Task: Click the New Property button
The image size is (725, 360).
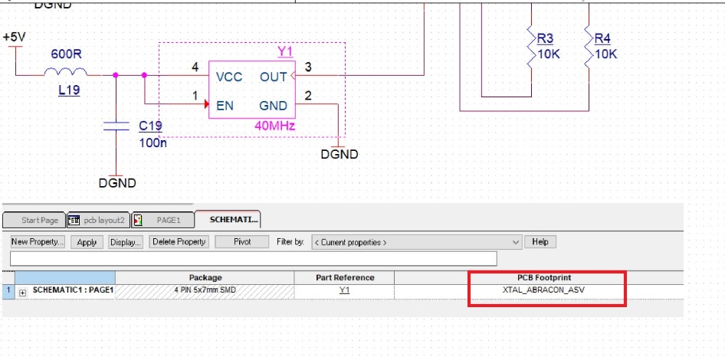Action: (38, 242)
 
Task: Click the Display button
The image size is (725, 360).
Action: (125, 242)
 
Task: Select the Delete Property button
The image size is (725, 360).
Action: (179, 242)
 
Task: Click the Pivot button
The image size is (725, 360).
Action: (241, 242)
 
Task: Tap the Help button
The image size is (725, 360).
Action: (540, 242)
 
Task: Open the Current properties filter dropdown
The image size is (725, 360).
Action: (417, 242)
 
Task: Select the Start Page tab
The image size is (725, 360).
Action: (35, 221)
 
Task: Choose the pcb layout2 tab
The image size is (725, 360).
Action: (100, 221)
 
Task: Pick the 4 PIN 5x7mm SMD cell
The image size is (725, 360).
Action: (205, 291)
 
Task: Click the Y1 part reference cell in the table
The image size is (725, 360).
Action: (344, 291)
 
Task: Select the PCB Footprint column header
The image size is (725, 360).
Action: (547, 277)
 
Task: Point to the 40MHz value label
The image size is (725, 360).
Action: (275, 126)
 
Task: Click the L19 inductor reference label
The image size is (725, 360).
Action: (70, 90)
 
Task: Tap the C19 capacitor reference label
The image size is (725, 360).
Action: (150, 126)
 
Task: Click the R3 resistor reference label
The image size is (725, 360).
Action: (546, 38)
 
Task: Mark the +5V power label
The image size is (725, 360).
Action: (15, 37)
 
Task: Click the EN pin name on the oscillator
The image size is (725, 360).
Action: (225, 106)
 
